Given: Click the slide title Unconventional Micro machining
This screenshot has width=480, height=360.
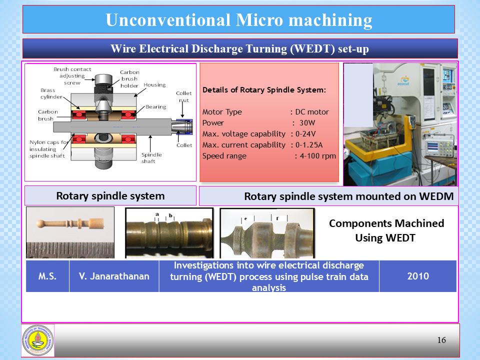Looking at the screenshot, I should point(239,20).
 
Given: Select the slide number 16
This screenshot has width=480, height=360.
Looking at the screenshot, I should point(441,340).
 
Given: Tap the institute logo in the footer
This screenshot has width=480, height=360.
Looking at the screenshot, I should point(37,340).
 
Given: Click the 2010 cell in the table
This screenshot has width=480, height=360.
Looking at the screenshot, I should point(417,275).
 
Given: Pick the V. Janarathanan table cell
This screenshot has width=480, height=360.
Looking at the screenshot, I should point(114,275).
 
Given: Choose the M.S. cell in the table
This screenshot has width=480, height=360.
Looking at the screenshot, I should point(47,275).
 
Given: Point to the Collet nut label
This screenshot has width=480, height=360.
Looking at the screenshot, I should point(184,97).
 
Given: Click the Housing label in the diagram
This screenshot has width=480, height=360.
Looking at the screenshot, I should point(154,85).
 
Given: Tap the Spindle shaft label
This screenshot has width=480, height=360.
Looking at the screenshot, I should point(148,158).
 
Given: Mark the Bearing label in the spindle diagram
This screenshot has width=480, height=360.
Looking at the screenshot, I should point(155,107).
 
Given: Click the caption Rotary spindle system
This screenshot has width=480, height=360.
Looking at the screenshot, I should point(110,195).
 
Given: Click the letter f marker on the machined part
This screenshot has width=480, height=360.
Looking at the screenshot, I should point(277,218).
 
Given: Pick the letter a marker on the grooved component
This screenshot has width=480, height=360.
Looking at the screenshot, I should point(157,214).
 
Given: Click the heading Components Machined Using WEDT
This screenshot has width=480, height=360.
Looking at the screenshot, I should point(386,230).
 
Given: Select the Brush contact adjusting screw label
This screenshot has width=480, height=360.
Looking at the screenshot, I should point(72,76).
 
